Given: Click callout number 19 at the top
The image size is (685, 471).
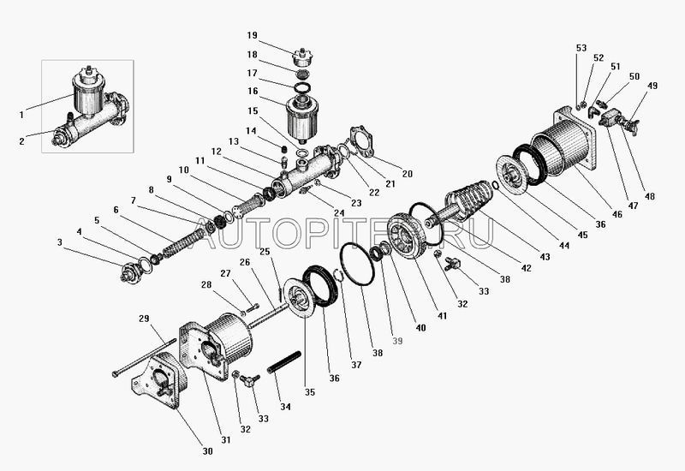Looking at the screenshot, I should point(252,35).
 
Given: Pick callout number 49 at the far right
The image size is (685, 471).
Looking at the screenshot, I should point(652,86).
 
